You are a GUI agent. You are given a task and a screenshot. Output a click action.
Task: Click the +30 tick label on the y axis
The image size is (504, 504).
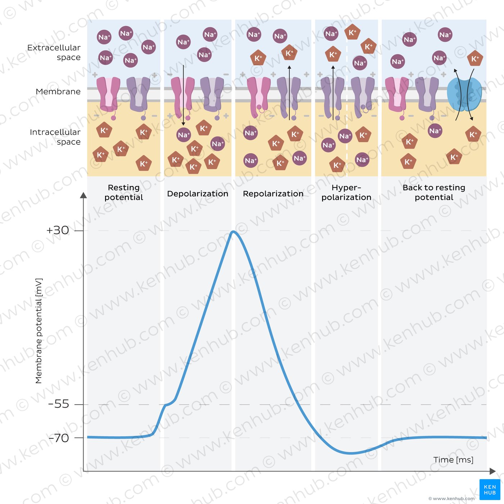[x=58, y=230]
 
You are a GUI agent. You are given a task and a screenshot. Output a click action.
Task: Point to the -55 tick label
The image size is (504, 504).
[x=58, y=404]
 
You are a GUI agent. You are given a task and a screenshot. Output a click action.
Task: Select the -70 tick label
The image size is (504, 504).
[x=58, y=438]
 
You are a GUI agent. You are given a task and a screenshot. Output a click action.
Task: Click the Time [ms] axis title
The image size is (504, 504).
[x=453, y=460]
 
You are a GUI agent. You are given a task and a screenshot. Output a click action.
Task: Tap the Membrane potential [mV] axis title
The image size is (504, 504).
[x=39, y=330]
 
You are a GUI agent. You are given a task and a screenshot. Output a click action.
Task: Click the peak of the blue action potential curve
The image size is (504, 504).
[x=233, y=231]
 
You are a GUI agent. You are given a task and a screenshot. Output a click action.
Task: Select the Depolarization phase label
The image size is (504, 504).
[x=198, y=194]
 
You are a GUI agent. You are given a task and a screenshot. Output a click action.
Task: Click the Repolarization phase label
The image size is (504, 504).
[x=273, y=194]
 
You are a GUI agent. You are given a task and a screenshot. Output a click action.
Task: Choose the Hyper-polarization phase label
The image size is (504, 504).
[x=346, y=193]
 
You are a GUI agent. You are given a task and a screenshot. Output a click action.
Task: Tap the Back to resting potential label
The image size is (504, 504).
[x=434, y=193]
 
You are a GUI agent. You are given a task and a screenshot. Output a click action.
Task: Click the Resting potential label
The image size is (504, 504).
[x=123, y=193]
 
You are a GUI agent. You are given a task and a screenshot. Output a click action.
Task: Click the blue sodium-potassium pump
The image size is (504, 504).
[x=464, y=94]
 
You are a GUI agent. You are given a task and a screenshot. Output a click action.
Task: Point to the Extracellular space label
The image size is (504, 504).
[x=54, y=53]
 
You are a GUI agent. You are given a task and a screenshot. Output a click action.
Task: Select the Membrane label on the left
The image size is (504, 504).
[x=58, y=92]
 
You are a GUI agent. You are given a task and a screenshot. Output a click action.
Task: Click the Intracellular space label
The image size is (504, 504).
[x=55, y=137]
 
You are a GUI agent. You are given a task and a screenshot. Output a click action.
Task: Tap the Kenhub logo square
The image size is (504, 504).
[x=490, y=490]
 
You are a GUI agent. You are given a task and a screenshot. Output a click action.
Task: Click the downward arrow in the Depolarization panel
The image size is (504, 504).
[x=183, y=95]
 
